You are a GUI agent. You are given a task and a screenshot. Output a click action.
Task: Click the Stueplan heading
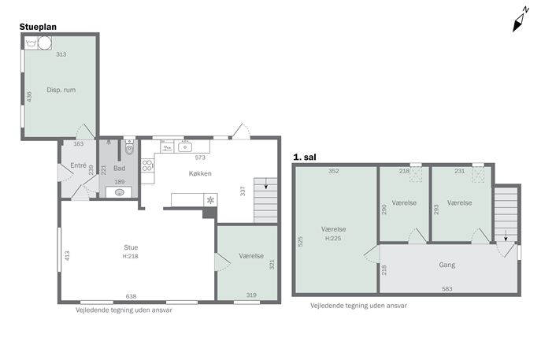click(x=38, y=27)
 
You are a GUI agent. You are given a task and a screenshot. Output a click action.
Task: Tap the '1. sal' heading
click(x=304, y=157)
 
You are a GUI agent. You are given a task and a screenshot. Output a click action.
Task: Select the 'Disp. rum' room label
click(x=61, y=90)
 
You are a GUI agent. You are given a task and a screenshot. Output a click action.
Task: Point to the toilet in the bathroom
click(x=129, y=147)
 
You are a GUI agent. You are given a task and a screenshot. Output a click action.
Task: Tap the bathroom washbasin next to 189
click(x=119, y=192)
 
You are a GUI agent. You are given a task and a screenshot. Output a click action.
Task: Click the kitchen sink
click(x=185, y=147)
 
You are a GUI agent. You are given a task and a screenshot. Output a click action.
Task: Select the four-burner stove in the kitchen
click(x=147, y=165)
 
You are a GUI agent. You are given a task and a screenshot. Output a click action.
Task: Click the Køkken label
click(x=200, y=173)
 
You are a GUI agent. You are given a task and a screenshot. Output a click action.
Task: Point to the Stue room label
click(x=131, y=247)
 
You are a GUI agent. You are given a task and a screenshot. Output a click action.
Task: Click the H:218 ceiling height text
click(x=131, y=256)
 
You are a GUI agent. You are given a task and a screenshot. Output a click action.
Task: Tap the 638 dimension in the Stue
click(x=131, y=296)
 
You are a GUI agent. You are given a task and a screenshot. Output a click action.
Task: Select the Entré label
click(x=78, y=165)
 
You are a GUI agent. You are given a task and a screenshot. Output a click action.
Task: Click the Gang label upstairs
click(x=447, y=265)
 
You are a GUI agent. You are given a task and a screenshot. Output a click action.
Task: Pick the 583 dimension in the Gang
click(x=447, y=289)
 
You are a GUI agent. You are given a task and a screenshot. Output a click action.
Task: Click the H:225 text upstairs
click(x=333, y=238)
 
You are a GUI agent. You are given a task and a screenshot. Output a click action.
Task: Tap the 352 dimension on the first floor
click(x=334, y=171)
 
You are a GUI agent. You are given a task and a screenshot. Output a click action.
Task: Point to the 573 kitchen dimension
click(x=200, y=158)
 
